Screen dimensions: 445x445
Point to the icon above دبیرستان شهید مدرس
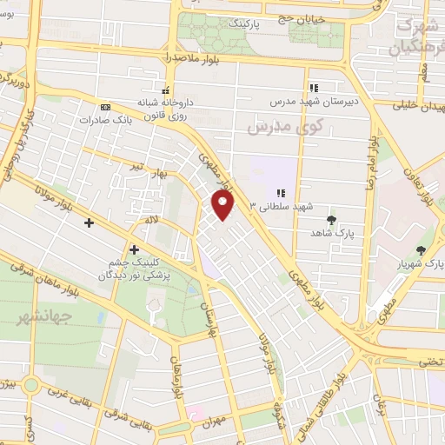[314, 88]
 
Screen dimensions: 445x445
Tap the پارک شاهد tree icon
[330, 220]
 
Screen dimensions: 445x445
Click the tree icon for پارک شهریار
[421, 250]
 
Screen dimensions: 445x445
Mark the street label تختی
[429, 360]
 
